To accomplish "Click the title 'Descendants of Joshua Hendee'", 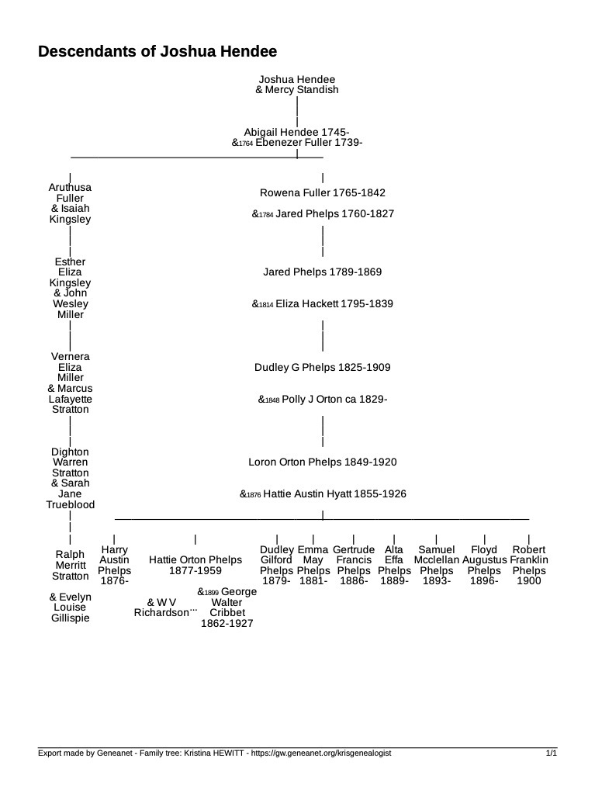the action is coord(157,52).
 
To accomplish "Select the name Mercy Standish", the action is coord(302,90).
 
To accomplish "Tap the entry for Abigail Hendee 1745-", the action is coord(297,133).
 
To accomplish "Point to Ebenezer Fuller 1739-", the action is coord(309,142).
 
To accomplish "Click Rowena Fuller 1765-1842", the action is coord(322,193).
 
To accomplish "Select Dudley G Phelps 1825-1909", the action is coord(322,368).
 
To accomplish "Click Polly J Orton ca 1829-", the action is coord(334,400).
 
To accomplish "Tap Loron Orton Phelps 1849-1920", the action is coord(322,462).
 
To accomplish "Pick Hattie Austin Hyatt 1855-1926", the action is coord(334,494).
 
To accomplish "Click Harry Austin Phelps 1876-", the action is coord(114,566).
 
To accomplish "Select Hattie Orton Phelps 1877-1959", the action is coord(195,566).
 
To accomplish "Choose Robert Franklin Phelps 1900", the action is coord(529,566).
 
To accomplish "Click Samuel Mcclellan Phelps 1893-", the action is coord(437,566).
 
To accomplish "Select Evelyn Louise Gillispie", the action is coord(70,608).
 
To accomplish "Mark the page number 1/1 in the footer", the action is coord(552,753).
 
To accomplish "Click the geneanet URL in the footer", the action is coord(321,753).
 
